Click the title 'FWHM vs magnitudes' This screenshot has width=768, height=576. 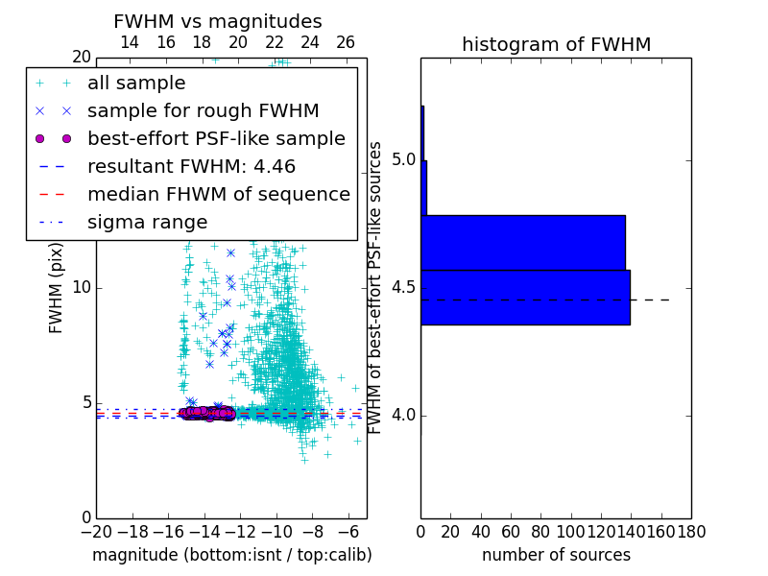tap(218, 21)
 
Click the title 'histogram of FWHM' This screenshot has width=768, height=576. tap(556, 44)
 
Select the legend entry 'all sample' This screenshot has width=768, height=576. tap(136, 84)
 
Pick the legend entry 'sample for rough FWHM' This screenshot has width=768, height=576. tap(203, 111)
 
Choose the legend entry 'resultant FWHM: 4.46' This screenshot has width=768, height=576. tap(191, 167)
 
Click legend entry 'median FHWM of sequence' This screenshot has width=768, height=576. tap(218, 195)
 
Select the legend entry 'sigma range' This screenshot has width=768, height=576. tap(147, 223)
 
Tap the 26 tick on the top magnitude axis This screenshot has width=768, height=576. tap(346, 42)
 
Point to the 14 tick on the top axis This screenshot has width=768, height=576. tap(130, 42)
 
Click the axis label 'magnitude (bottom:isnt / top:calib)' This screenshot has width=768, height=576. tap(231, 555)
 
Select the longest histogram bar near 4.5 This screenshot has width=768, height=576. tap(525, 298)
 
